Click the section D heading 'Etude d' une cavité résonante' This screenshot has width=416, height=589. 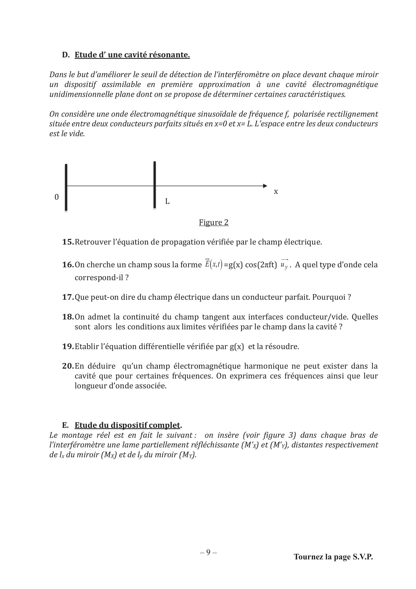pos(132,55)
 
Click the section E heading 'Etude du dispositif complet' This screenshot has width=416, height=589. pos(127,425)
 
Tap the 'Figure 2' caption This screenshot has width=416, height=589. pos(214,222)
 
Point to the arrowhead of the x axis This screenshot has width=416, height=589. pos(265,186)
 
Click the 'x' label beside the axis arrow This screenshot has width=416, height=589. pos(276,191)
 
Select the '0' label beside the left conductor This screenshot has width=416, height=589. pos(57,197)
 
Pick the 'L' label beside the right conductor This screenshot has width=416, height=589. pos(167,201)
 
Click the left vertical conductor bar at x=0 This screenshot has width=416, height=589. pos(66,187)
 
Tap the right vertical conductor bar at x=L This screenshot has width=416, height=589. pos(155,185)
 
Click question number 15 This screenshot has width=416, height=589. pos(68,242)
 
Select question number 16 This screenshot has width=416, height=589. pos(68,265)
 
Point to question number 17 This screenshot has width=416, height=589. pos(68,297)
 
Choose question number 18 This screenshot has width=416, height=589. pos(68,317)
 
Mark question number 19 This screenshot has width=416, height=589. pos(68,347)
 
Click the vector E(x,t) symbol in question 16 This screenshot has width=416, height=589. pos(214,264)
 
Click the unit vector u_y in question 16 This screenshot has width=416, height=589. pos(284,265)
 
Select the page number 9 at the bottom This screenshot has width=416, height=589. pos(208,552)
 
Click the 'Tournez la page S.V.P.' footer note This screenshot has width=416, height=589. pos(333,557)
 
